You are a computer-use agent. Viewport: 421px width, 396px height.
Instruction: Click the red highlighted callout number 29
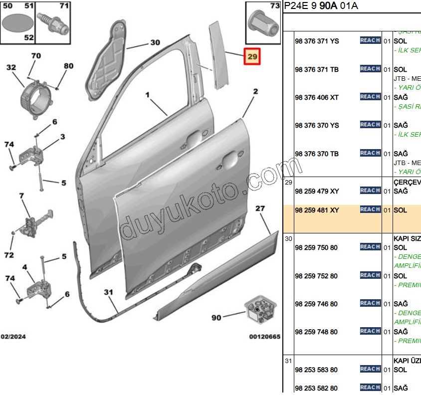point(252,57)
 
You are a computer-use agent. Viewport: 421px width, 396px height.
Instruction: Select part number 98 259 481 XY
point(316,210)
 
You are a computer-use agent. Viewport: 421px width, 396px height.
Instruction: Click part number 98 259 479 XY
point(316,191)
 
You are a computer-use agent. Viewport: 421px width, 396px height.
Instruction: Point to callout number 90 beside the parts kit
point(216,317)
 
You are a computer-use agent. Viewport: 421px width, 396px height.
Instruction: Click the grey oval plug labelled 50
point(18,22)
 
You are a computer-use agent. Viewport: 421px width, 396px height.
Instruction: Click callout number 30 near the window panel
point(155,43)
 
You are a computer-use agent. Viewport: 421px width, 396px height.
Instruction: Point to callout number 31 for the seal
point(109,292)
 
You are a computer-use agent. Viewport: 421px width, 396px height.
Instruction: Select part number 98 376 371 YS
point(316,41)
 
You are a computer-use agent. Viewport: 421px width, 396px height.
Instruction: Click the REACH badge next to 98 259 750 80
point(370,247)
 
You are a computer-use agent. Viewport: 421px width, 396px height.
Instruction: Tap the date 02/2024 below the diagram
point(13,337)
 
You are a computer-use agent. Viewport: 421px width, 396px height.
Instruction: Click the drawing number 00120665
point(264,337)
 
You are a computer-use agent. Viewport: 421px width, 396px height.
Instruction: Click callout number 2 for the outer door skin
point(255,92)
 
